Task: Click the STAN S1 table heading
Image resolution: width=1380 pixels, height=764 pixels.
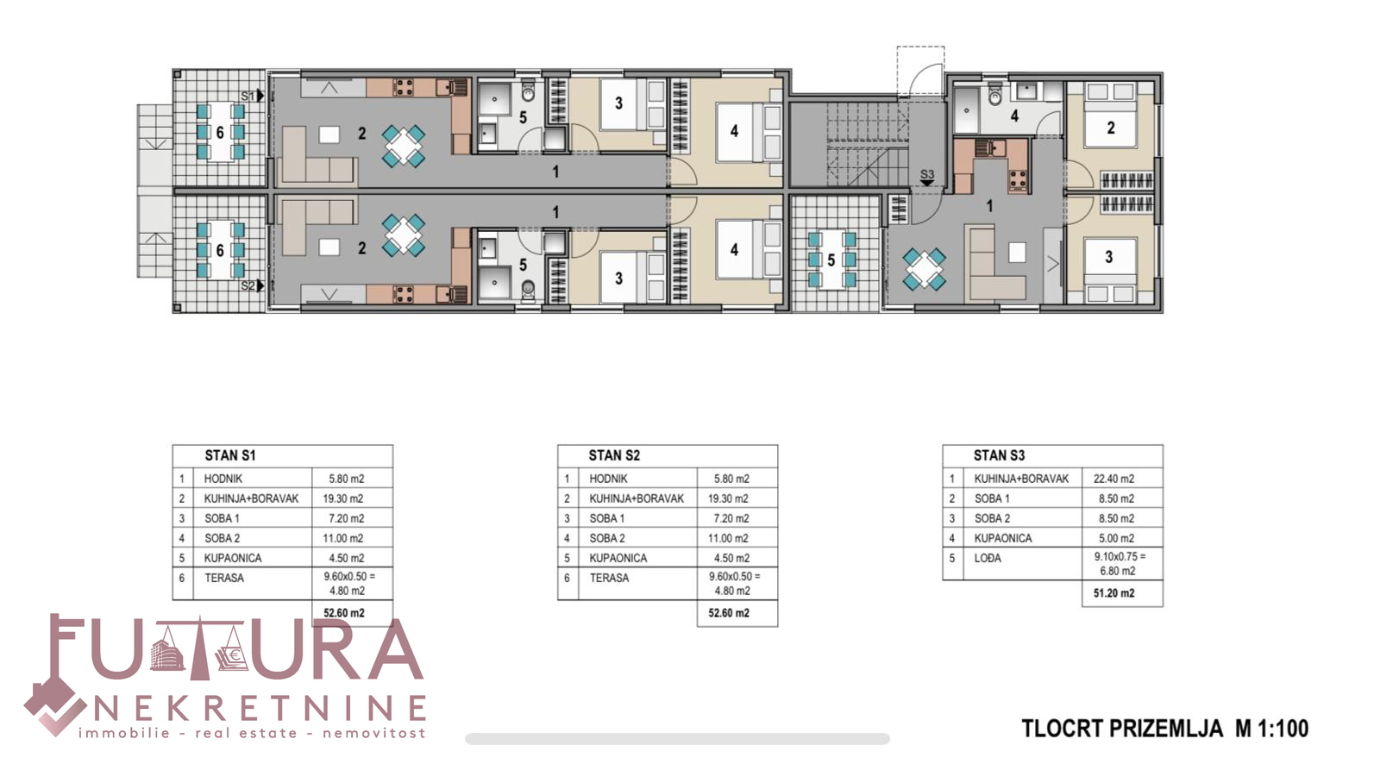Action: pyautogui.click(x=229, y=455)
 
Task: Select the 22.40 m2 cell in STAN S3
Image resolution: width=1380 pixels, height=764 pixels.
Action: pyautogui.click(x=1113, y=479)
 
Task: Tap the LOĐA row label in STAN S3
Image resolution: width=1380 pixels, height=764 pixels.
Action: pyautogui.click(x=988, y=558)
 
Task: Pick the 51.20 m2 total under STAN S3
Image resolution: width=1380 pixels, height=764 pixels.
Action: pyautogui.click(x=1113, y=593)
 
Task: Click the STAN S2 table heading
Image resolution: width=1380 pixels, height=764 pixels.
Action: pyautogui.click(x=614, y=455)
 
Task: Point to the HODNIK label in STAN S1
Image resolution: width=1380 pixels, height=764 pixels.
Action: pyautogui.click(x=223, y=479)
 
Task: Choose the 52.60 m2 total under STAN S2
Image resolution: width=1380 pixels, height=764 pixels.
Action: pyautogui.click(x=729, y=613)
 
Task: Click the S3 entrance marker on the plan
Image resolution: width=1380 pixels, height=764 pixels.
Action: pyautogui.click(x=927, y=177)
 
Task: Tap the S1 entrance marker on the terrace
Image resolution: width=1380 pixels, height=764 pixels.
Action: pyautogui.click(x=253, y=96)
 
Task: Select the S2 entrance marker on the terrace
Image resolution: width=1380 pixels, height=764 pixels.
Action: pyautogui.click(x=253, y=286)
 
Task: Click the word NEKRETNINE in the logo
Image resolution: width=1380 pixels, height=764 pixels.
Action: pyautogui.click(x=259, y=709)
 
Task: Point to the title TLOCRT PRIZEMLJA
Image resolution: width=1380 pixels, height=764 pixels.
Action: pyautogui.click(x=1122, y=729)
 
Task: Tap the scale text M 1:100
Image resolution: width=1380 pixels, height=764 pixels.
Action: pyautogui.click(x=1271, y=729)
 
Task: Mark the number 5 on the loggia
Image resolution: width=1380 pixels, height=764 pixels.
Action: pyautogui.click(x=831, y=260)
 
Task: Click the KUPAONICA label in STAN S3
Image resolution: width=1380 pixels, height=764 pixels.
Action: pyautogui.click(x=1003, y=538)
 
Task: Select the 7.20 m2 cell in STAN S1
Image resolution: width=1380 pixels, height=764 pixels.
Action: pyautogui.click(x=346, y=519)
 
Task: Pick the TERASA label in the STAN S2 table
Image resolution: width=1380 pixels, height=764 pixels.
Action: pyautogui.click(x=609, y=579)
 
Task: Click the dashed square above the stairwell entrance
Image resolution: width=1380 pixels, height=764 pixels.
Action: pyautogui.click(x=920, y=71)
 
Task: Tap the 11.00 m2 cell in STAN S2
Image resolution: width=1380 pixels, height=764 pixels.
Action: pyautogui.click(x=728, y=538)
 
